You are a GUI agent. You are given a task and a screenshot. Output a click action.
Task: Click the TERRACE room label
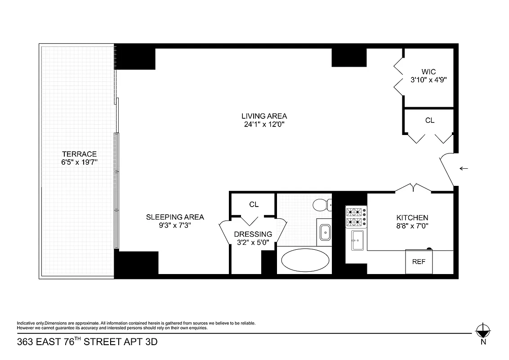point(79,154)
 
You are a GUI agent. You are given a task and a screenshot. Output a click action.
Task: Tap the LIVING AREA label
point(264,116)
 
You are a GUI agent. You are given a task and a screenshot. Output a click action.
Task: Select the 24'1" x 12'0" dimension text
point(264,125)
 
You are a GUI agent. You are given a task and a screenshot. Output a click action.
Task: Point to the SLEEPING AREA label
point(175,217)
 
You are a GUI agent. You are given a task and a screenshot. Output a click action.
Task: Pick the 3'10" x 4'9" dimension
point(428,80)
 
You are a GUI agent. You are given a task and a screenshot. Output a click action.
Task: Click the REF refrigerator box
point(419,261)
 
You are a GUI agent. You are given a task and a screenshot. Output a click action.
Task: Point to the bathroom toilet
point(321,205)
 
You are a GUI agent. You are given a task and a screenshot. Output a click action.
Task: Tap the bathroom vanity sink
point(324,232)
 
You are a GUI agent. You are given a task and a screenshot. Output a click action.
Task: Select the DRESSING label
point(253,234)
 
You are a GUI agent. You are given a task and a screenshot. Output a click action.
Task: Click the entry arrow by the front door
point(464,169)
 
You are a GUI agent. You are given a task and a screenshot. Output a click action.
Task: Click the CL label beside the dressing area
point(254,204)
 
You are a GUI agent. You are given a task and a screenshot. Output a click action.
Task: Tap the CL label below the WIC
point(430,121)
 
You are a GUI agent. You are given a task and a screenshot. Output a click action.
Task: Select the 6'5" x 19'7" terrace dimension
point(79,162)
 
